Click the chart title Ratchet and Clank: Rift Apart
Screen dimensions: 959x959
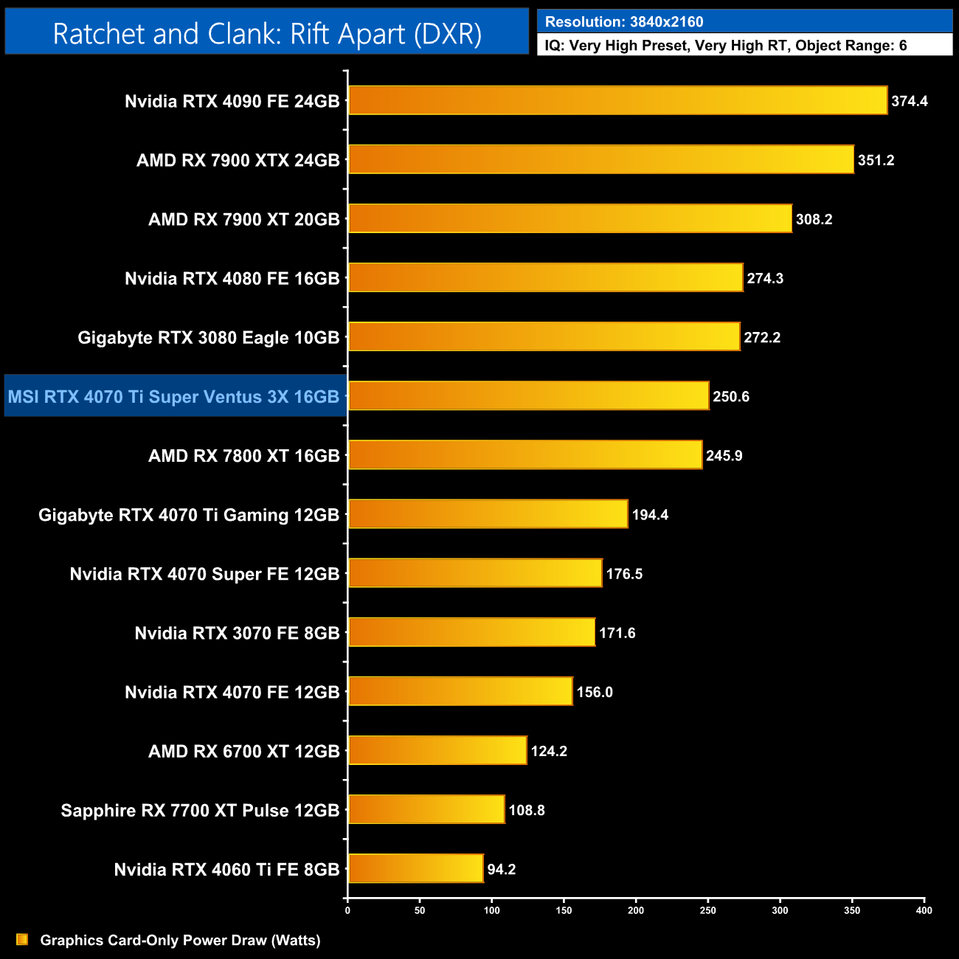point(267,34)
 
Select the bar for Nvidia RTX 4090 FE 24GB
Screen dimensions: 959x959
point(617,100)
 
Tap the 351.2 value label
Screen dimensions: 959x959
point(876,160)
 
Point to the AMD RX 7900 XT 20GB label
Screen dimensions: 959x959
point(243,219)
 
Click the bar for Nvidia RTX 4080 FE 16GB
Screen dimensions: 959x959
point(545,277)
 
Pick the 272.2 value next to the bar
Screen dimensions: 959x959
point(761,337)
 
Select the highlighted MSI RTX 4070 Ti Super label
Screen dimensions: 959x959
point(174,397)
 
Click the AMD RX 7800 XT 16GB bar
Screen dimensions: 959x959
point(525,454)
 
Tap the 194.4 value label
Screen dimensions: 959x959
point(650,515)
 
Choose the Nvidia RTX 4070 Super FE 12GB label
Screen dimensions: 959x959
point(204,574)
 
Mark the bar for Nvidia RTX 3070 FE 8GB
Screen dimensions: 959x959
point(471,632)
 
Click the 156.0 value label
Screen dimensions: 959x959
point(595,692)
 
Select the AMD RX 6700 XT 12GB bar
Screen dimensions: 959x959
point(437,750)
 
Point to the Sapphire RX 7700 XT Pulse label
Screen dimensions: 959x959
point(200,810)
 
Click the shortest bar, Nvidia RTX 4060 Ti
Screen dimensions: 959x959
point(415,868)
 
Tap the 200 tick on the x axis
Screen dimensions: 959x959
point(636,910)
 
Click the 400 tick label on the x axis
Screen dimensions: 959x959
point(924,910)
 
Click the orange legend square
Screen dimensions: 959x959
point(22,939)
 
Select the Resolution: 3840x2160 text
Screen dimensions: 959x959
point(624,22)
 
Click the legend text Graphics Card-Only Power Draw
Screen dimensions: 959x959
point(180,940)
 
